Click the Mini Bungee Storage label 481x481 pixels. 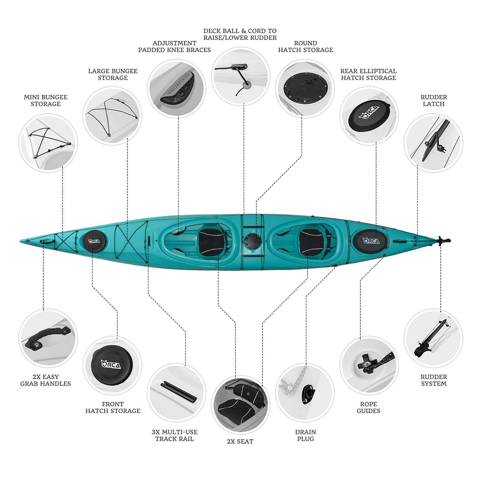(46, 100)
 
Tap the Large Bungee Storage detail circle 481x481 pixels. (112, 116)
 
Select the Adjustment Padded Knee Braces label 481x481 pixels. (174, 47)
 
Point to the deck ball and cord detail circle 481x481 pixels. (241, 76)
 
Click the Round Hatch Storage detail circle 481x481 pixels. (305, 89)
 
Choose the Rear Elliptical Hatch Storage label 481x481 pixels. (369, 74)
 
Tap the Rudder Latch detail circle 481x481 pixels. (433, 143)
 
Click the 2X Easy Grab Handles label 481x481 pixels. (46, 380)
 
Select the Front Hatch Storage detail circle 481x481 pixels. (112, 366)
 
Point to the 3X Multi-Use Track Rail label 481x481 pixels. (175, 435)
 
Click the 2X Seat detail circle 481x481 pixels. (241, 405)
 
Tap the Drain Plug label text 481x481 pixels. (305, 435)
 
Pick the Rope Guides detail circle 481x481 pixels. (369, 366)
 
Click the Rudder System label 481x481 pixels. (434, 380)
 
